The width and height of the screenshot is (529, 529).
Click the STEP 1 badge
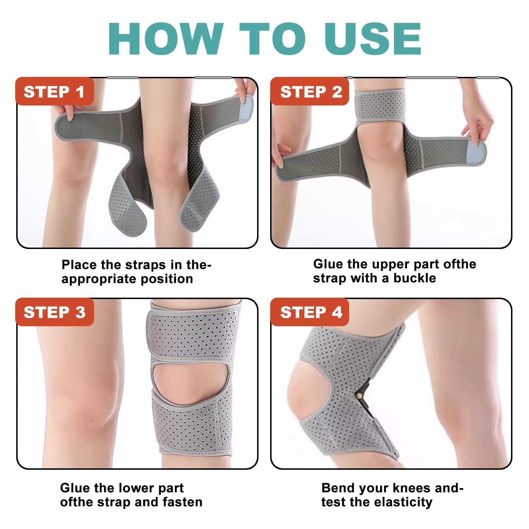pyautogui.click(x=54, y=92)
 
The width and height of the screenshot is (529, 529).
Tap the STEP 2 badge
pyautogui.click(x=311, y=92)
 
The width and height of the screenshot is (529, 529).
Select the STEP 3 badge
pyautogui.click(x=54, y=312)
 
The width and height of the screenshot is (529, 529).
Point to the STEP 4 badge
pyautogui.click(x=311, y=312)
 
